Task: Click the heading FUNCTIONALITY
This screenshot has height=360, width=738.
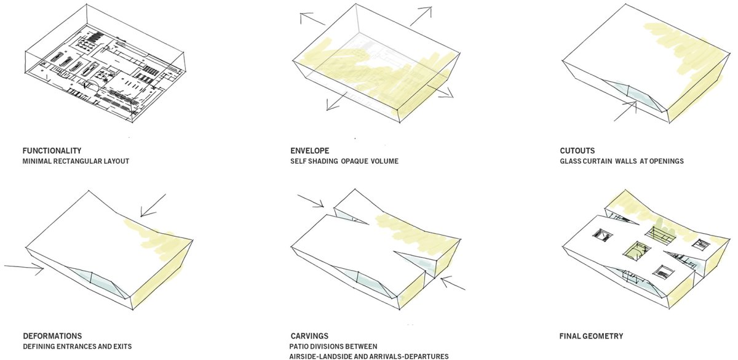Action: pyautogui.click(x=52, y=151)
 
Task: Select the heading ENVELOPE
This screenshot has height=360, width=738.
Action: pyautogui.click(x=310, y=151)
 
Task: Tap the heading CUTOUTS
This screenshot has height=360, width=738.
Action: pyautogui.click(x=577, y=151)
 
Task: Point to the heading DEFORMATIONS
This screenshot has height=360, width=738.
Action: pyautogui.click(x=52, y=336)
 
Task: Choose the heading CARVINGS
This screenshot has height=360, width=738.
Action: pyautogui.click(x=309, y=336)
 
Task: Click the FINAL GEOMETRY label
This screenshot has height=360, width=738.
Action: pyautogui.click(x=591, y=336)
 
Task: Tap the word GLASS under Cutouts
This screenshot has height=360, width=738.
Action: pyautogui.click(x=570, y=161)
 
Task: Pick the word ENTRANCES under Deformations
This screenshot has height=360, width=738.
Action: pyautogui.click(x=76, y=346)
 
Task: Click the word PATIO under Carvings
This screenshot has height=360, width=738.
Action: pyautogui.click(x=299, y=346)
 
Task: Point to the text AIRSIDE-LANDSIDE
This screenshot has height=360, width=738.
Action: pyautogui.click(x=330, y=356)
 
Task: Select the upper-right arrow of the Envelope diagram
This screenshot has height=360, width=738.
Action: pyautogui.click(x=421, y=16)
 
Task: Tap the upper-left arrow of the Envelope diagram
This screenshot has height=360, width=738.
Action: pyautogui.click(x=312, y=18)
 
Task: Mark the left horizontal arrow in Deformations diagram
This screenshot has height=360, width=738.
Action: pyautogui.click(x=24, y=268)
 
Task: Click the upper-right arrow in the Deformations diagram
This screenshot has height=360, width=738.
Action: pyautogui.click(x=153, y=206)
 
